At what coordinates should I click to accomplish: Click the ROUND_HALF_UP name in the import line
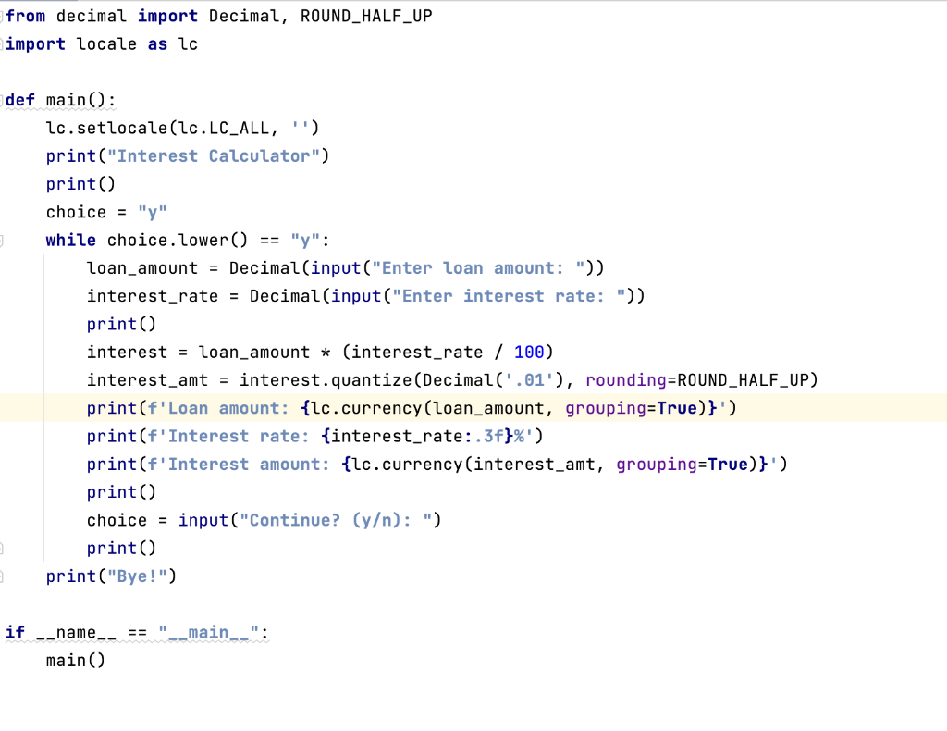(x=366, y=16)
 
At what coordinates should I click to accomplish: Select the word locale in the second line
(x=106, y=43)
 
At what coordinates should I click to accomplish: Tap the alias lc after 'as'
(x=188, y=43)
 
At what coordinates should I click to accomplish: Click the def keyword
(x=20, y=100)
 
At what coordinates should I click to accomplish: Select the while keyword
(x=70, y=240)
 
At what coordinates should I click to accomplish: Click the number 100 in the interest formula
(x=529, y=352)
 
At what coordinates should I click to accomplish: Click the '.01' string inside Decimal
(x=513, y=380)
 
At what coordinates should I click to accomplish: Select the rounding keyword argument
(x=625, y=380)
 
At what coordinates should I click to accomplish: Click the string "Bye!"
(x=137, y=576)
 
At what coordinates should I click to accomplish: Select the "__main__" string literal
(x=208, y=633)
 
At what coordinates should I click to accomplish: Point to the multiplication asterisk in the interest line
(x=326, y=353)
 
